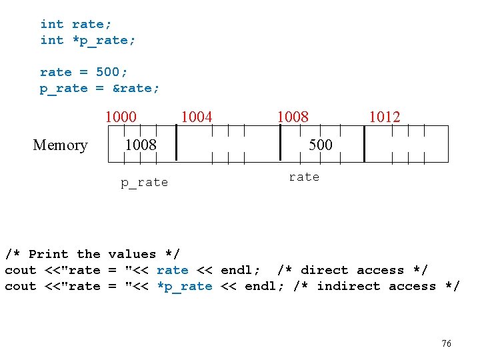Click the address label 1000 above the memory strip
click(121, 117)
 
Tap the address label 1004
click(197, 117)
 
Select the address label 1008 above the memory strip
click(293, 117)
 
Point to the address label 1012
click(385, 117)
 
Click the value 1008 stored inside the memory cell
click(141, 145)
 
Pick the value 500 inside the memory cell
click(320, 145)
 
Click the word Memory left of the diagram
click(60, 145)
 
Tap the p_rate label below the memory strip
click(144, 183)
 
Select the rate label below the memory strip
click(304, 177)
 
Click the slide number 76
click(447, 343)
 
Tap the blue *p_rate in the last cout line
click(185, 286)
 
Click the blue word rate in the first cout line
click(172, 270)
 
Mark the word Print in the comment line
click(49, 254)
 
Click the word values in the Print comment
click(132, 254)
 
